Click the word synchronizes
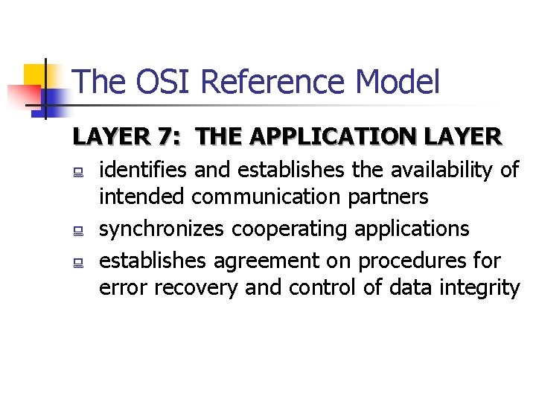pos(161,229)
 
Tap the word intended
pos(142,197)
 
